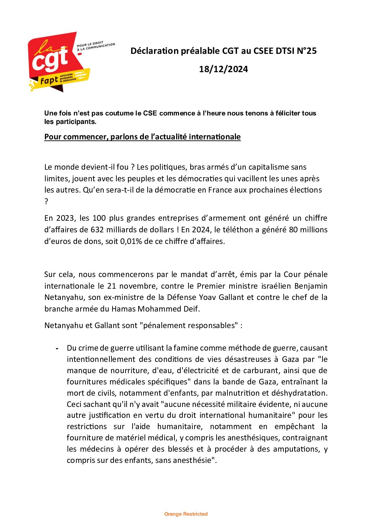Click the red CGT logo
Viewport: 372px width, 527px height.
tap(58, 62)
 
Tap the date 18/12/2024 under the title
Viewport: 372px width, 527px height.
tap(223, 69)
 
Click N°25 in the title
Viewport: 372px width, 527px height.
tap(307, 51)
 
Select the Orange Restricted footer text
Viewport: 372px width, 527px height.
tap(186, 514)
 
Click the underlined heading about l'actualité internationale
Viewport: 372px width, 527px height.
tap(142, 137)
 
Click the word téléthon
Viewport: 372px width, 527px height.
tap(237, 230)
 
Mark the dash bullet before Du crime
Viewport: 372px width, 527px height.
tap(57, 349)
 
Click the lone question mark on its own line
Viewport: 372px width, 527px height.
tap(46, 201)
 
